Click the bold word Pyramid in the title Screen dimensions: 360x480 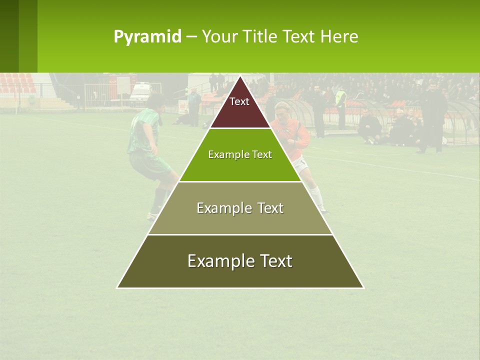click(147, 37)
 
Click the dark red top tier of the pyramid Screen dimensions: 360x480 click(239, 107)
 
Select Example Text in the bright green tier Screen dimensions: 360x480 click(240, 155)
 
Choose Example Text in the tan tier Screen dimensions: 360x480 click(240, 208)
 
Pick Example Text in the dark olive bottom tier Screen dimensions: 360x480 click(240, 261)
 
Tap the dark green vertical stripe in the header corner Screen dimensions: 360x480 click(9, 36)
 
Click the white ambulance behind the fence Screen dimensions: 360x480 click(140, 92)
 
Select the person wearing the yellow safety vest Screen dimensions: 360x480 click(340, 98)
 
